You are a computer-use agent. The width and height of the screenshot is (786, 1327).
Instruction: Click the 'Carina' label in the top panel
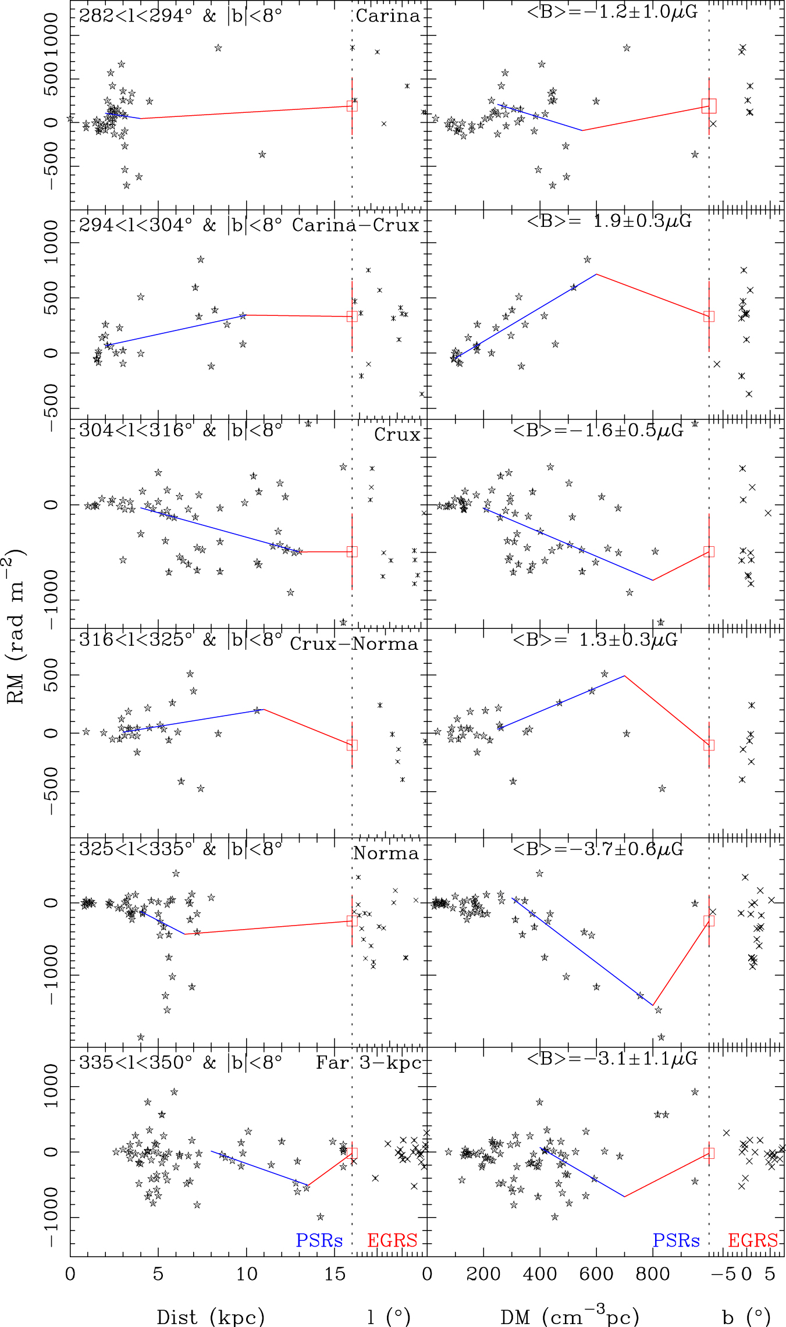click(x=387, y=16)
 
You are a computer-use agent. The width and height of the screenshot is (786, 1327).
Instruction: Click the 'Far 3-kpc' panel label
click(x=368, y=1063)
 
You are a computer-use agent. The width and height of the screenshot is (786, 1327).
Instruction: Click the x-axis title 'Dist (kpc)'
click(x=211, y=1317)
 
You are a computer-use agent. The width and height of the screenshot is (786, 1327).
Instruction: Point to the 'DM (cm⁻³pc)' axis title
click(x=570, y=1316)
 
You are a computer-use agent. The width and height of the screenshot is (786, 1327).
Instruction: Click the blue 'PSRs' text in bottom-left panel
click(x=319, y=1240)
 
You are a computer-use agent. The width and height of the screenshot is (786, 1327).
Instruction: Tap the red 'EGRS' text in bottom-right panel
click(x=753, y=1240)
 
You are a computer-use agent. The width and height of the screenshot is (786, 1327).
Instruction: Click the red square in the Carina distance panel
click(x=352, y=106)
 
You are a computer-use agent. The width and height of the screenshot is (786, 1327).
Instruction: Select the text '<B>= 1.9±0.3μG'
click(x=609, y=221)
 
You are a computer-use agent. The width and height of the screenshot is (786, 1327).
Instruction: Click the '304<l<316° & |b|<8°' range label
click(x=180, y=431)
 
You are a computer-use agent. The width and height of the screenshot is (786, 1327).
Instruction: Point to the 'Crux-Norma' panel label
click(x=354, y=644)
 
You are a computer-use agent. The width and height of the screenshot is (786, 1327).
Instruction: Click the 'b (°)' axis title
click(x=746, y=1317)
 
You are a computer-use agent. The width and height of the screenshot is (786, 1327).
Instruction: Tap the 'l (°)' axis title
click(x=389, y=1317)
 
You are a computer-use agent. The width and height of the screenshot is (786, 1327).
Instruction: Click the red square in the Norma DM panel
click(x=709, y=920)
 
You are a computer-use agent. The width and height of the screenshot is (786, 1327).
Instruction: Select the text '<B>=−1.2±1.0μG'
click(x=612, y=12)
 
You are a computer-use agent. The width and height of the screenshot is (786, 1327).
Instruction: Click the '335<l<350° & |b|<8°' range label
click(x=180, y=1062)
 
